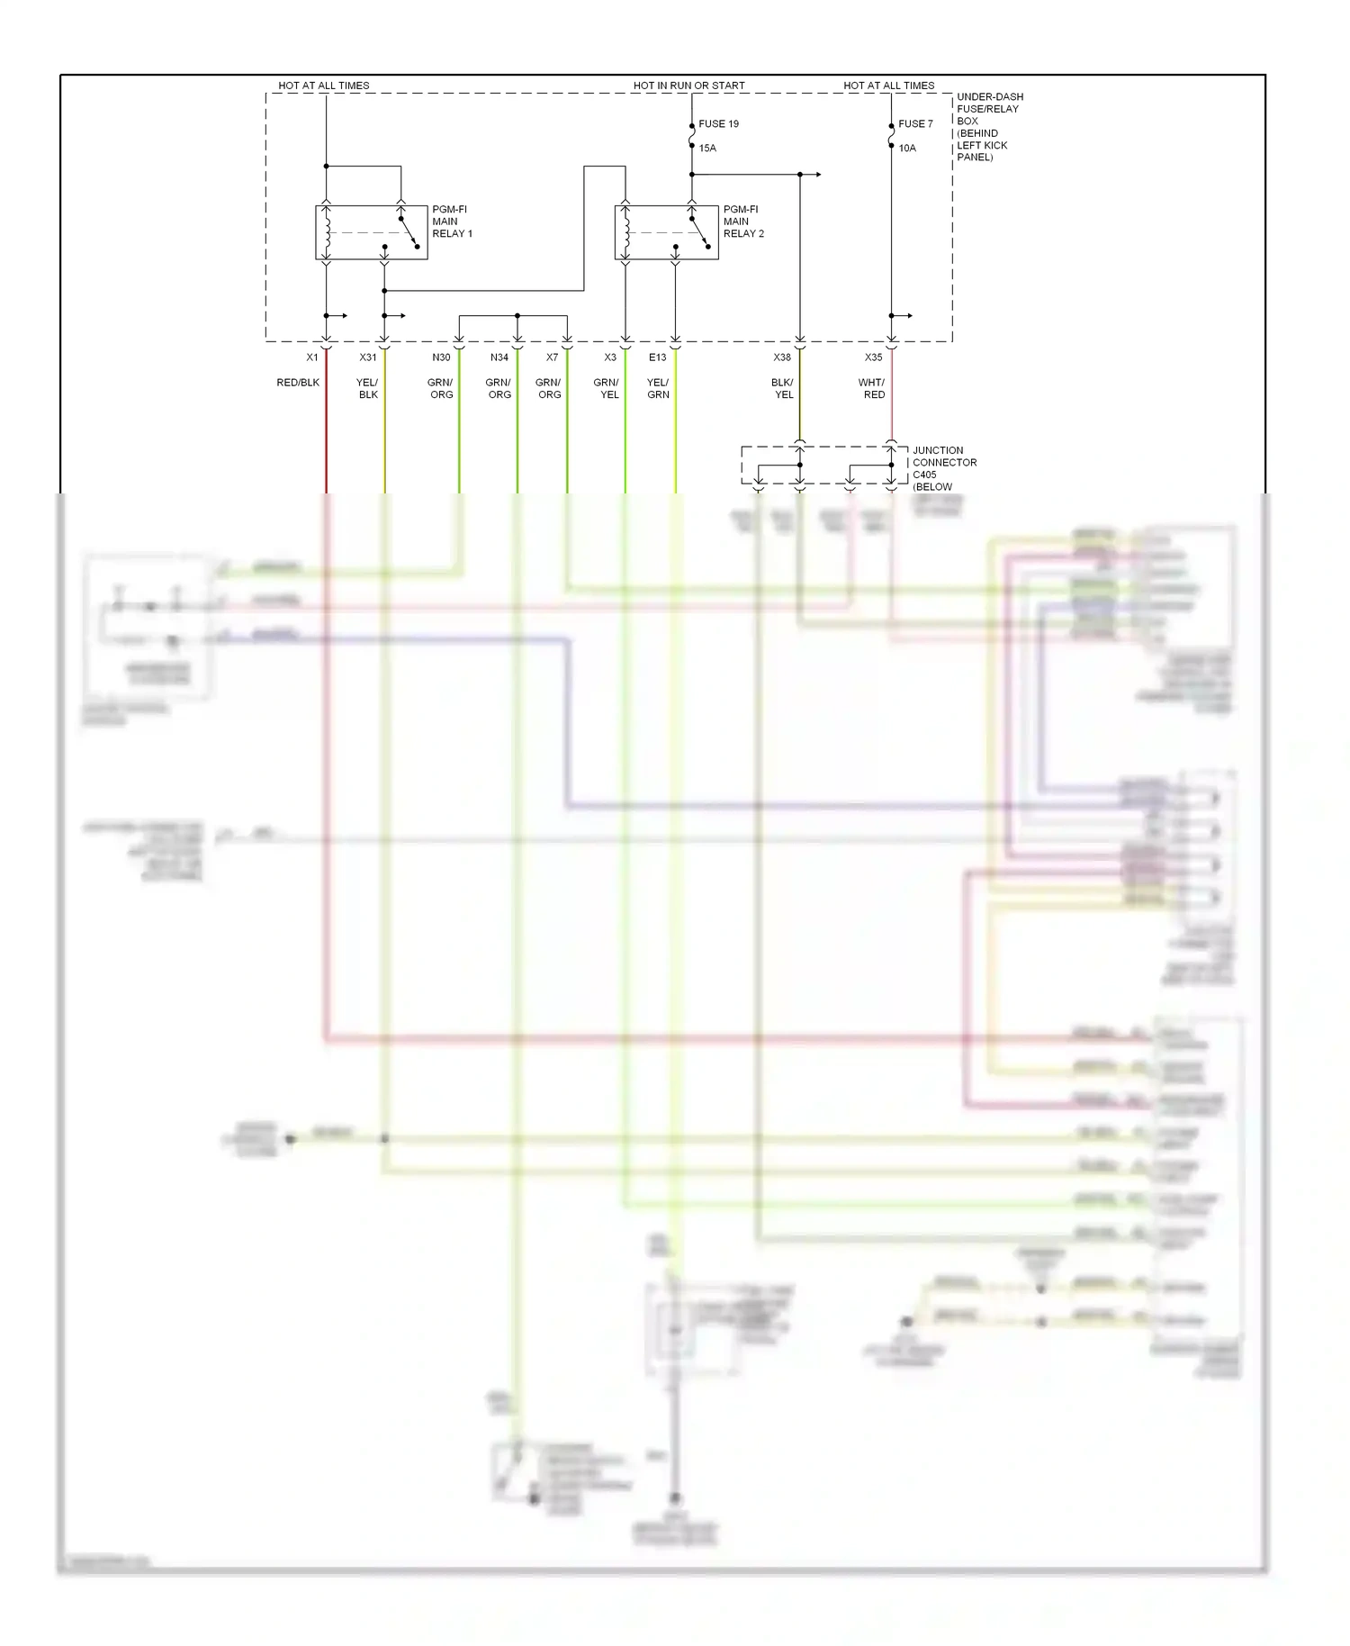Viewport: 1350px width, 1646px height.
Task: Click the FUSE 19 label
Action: pyautogui.click(x=718, y=124)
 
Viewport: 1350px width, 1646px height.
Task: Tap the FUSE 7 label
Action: pyautogui.click(x=915, y=124)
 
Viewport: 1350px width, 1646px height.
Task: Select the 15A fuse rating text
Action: pyautogui.click(x=707, y=149)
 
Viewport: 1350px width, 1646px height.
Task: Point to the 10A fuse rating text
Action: pyautogui.click(x=907, y=149)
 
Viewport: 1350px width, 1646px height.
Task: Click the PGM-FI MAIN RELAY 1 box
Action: pyautogui.click(x=371, y=233)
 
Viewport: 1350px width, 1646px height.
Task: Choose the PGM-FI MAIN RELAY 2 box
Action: pyautogui.click(x=666, y=233)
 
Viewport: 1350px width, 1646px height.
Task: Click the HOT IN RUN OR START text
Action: pyautogui.click(x=688, y=86)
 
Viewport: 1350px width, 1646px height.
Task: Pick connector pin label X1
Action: pyautogui.click(x=312, y=357)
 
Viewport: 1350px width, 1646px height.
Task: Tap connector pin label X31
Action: pyautogui.click(x=368, y=357)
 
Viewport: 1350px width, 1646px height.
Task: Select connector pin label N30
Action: pyautogui.click(x=441, y=357)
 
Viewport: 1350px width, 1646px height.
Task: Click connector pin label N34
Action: pyautogui.click(x=499, y=357)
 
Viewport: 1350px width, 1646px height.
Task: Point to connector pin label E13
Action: pyautogui.click(x=658, y=357)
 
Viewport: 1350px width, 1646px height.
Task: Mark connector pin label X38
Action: pyautogui.click(x=782, y=357)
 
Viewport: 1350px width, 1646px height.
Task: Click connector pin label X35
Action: pyautogui.click(x=874, y=357)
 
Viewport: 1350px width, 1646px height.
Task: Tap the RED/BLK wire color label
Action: pyautogui.click(x=298, y=383)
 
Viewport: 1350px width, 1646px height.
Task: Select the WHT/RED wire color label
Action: pyautogui.click(x=872, y=388)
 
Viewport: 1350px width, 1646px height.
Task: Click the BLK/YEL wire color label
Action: pyautogui.click(x=783, y=388)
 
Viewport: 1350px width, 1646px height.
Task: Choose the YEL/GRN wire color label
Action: pyautogui.click(x=658, y=388)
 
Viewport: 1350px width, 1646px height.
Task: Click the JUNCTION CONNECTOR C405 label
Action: pyautogui.click(x=943, y=463)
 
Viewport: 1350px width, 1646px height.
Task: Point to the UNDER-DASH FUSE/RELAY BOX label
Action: pyautogui.click(x=988, y=126)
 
